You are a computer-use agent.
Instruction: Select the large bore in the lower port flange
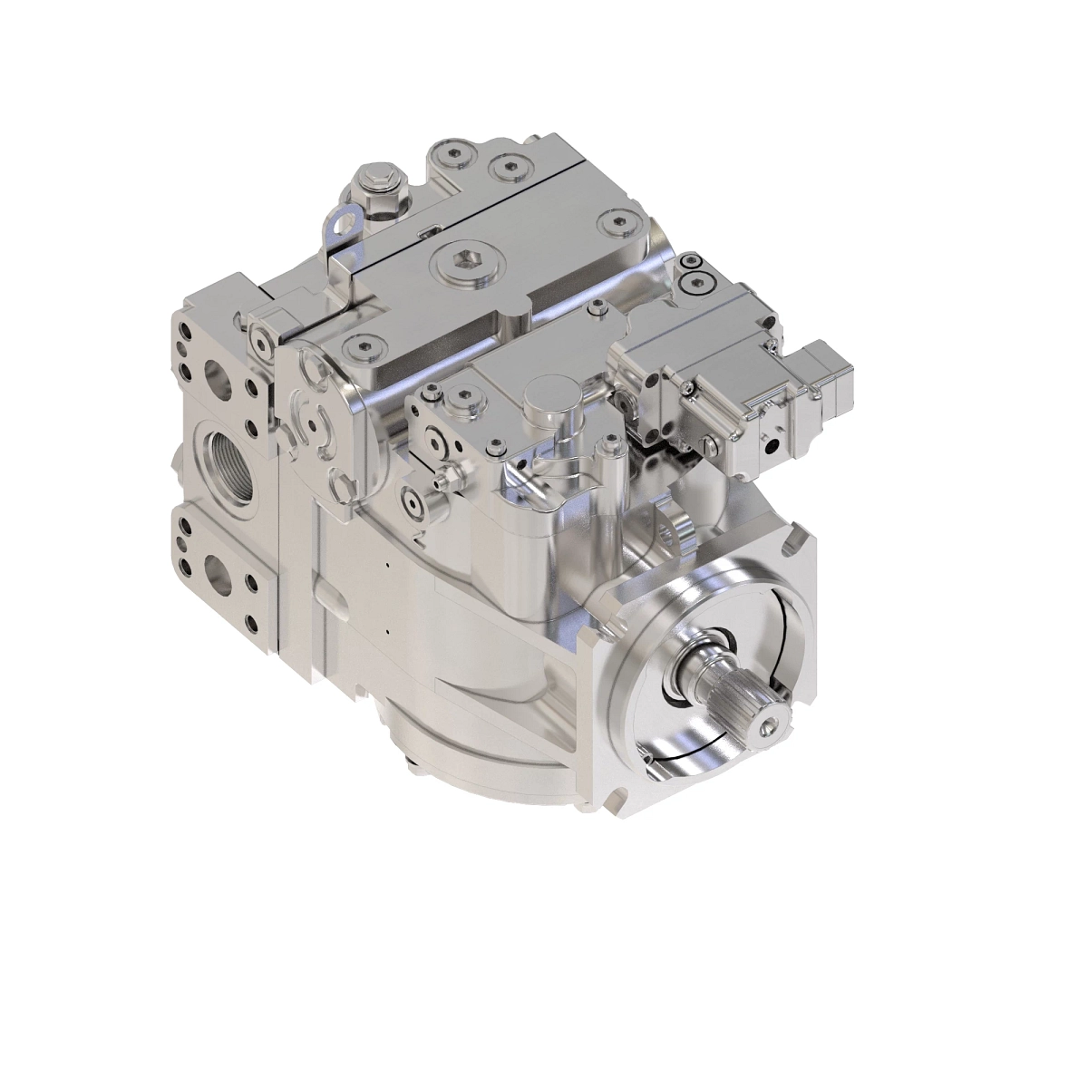coord(220,571)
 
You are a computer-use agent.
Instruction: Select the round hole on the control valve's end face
coord(772,446)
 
